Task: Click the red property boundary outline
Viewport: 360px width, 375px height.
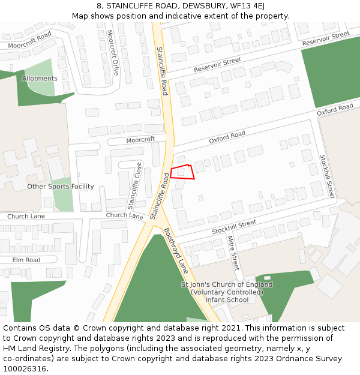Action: pos(182,172)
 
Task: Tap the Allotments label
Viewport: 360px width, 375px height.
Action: pos(40,79)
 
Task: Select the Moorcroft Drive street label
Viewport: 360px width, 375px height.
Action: pos(113,53)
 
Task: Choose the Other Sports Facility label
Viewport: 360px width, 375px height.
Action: pos(61,187)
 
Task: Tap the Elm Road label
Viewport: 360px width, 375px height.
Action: pos(26,260)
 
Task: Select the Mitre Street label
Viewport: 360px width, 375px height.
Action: pos(233,253)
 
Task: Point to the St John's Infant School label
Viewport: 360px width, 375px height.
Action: pos(227,292)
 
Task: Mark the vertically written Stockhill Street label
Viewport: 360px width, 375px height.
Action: pos(327,177)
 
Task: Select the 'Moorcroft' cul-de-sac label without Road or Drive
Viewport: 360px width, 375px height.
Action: pos(140,139)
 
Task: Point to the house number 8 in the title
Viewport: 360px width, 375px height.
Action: pos(98,6)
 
